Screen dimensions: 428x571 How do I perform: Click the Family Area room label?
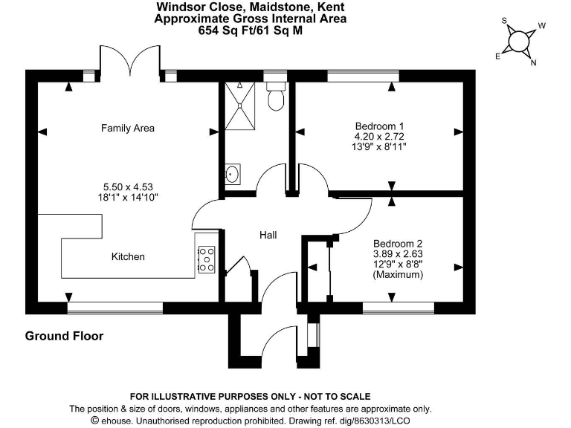128,129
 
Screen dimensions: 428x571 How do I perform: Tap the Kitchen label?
128,257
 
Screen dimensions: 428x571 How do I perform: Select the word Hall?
268,235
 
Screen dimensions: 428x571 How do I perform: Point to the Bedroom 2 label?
398,243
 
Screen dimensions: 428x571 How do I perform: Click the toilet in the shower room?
276,97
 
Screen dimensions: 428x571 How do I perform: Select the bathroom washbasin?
233,175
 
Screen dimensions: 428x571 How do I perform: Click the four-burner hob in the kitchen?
207,259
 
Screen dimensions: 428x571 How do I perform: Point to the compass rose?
518,41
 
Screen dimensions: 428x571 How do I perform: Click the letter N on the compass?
533,62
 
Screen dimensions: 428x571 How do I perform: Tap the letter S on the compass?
504,21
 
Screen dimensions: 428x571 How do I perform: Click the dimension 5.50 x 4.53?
128,187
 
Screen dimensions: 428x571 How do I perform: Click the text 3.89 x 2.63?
398,253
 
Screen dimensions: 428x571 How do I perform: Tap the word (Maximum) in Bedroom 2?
398,275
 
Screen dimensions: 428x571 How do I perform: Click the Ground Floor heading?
65,336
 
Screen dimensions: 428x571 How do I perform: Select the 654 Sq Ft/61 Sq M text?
250,30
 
